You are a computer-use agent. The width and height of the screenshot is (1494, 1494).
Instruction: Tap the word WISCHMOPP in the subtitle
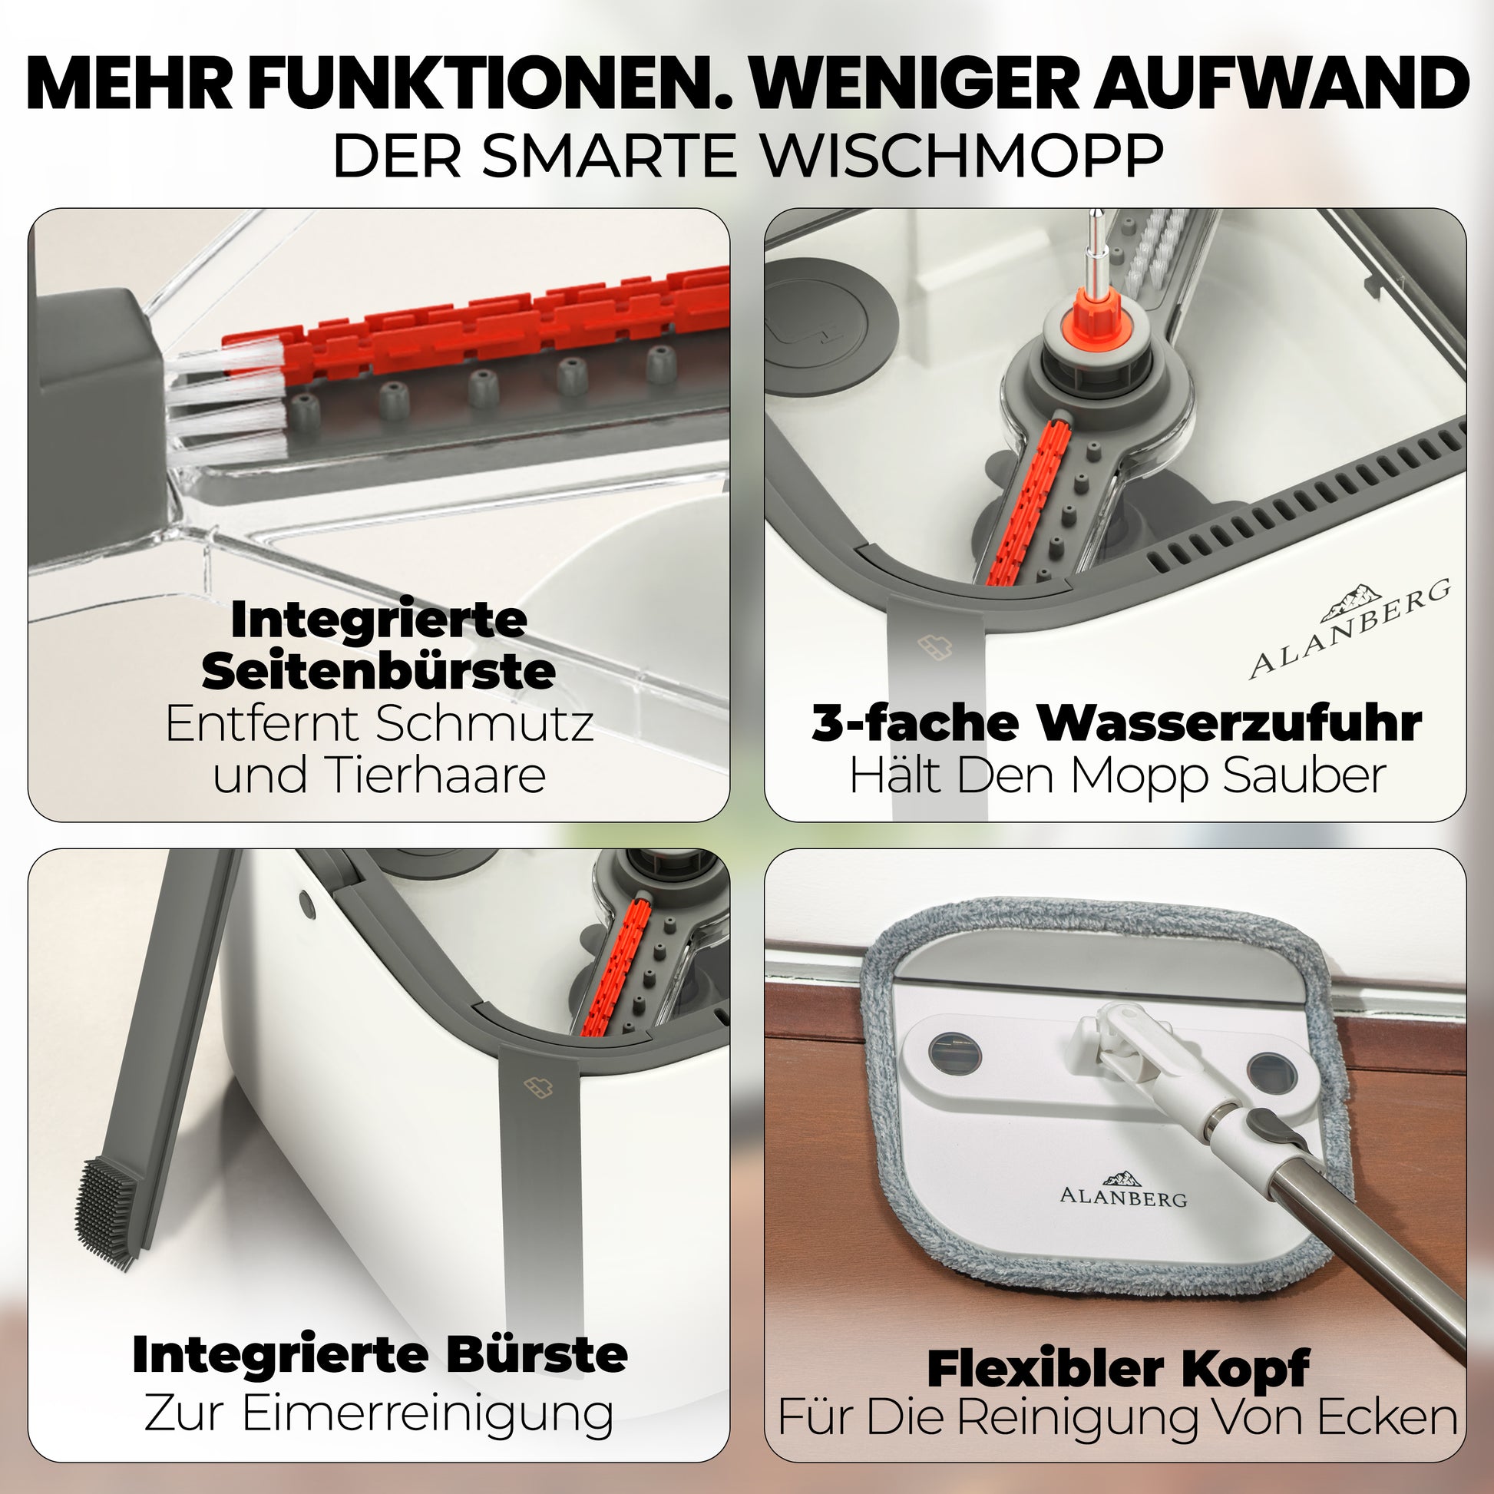962,156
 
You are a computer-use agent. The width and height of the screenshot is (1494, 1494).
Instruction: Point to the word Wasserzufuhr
1230,723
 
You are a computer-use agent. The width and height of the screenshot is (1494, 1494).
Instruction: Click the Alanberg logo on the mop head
1123,1189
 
